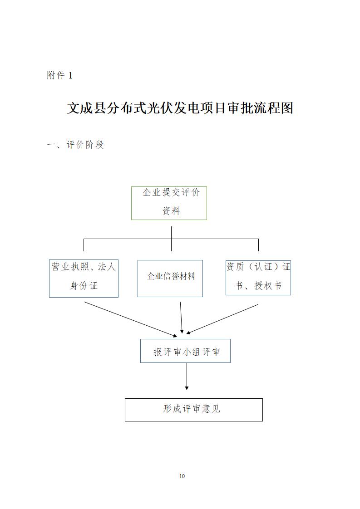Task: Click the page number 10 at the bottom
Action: click(182, 476)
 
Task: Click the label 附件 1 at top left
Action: click(59, 76)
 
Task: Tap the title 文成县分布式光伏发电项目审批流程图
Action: click(180, 108)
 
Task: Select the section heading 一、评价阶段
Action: click(76, 145)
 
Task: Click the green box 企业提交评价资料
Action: click(169, 203)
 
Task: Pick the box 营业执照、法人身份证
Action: click(84, 278)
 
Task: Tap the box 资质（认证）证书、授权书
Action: click(258, 277)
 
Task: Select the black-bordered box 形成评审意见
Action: click(193, 409)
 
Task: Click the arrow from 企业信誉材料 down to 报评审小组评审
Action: click(181, 318)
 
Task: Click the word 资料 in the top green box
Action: click(171, 211)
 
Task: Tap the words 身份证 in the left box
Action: click(84, 286)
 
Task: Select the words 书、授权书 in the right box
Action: click(258, 286)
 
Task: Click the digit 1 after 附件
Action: click(70, 76)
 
